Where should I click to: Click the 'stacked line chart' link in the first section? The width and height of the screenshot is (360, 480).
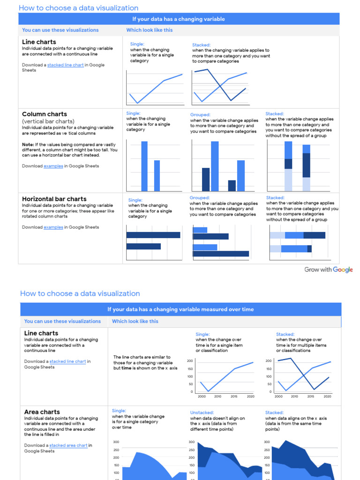[65, 65]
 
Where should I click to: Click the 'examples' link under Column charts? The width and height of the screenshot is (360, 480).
[53, 166]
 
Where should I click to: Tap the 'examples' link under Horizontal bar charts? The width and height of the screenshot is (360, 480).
[53, 227]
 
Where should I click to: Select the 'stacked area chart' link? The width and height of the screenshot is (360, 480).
[68, 445]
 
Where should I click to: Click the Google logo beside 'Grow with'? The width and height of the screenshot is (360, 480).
[343, 270]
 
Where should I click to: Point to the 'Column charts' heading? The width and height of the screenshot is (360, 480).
[45, 114]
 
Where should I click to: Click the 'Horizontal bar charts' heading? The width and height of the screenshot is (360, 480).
[54, 199]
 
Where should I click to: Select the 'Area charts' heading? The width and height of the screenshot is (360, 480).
[42, 412]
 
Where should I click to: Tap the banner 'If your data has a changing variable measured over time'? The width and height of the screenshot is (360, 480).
[180, 309]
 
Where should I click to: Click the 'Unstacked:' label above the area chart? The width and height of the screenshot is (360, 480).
[202, 413]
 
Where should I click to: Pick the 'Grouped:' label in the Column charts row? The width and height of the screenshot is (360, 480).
[200, 115]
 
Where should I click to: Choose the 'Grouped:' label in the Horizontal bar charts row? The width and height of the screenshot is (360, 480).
[200, 198]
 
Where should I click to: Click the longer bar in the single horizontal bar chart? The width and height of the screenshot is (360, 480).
[153, 235]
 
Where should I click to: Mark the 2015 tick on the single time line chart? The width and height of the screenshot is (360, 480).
[234, 397]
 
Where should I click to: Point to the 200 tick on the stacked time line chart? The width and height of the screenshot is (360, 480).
[269, 361]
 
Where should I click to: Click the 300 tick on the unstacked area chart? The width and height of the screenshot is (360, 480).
[191, 442]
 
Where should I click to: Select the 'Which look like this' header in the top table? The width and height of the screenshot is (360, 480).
[149, 30]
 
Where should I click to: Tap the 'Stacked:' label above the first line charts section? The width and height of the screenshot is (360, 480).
[201, 45]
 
